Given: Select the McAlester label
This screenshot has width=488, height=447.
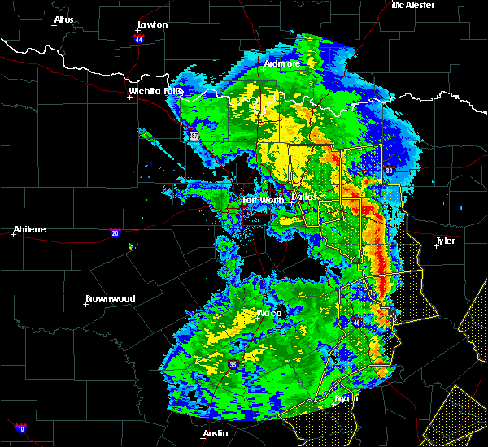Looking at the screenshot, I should [412, 5].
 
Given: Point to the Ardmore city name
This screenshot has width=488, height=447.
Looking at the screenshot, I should [282, 63].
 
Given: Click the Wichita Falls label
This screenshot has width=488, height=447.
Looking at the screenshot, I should [155, 91].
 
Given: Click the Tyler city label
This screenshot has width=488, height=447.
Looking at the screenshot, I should [446, 241].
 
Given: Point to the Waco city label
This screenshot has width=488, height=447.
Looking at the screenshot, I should [269, 313].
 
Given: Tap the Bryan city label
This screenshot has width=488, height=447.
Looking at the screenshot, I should [346, 399].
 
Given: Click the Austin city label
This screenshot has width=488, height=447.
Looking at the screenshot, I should [216, 433].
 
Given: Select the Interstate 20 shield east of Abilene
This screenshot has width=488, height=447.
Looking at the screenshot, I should [116, 232].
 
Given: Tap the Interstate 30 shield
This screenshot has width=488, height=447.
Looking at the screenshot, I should [390, 170].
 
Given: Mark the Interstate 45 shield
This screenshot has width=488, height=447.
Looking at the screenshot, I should [356, 323].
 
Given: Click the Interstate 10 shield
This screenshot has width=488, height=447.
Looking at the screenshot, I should [20, 428].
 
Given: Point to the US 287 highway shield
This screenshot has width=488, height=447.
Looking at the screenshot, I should [194, 137].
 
